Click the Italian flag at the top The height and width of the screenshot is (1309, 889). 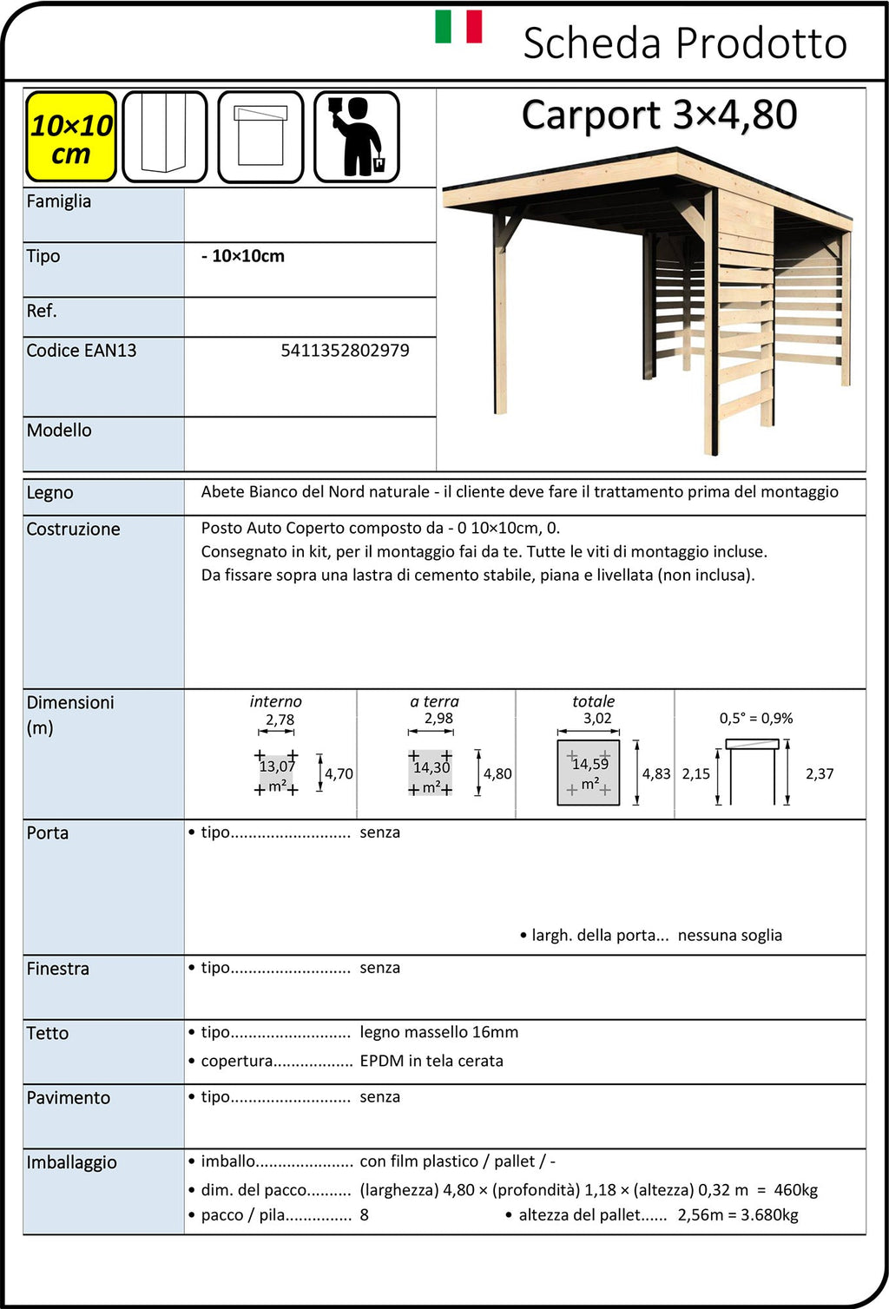(x=458, y=26)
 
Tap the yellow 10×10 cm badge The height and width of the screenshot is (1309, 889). (x=70, y=137)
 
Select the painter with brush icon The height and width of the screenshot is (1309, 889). (x=356, y=137)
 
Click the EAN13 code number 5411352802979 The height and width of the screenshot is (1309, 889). (x=345, y=351)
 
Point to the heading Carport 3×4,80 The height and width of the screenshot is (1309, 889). (x=659, y=115)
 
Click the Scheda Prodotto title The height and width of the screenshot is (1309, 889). (x=684, y=43)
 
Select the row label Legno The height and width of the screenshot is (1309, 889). (x=49, y=493)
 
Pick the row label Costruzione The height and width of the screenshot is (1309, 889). (x=73, y=530)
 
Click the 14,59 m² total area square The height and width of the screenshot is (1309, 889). (x=589, y=773)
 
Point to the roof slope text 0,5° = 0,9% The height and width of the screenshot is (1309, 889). (x=755, y=719)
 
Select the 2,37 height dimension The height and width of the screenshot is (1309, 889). (x=819, y=773)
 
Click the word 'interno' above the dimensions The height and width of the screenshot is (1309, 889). (x=275, y=701)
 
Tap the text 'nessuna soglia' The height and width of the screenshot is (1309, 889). (x=729, y=935)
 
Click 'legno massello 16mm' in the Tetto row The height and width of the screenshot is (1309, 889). (x=438, y=1032)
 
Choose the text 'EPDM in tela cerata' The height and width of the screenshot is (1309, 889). (x=431, y=1061)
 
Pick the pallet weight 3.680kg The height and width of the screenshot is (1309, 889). (x=769, y=1215)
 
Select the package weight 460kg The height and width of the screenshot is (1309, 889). (x=795, y=1190)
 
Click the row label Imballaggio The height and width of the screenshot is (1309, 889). (x=71, y=1163)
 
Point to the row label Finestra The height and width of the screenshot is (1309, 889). (x=57, y=969)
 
